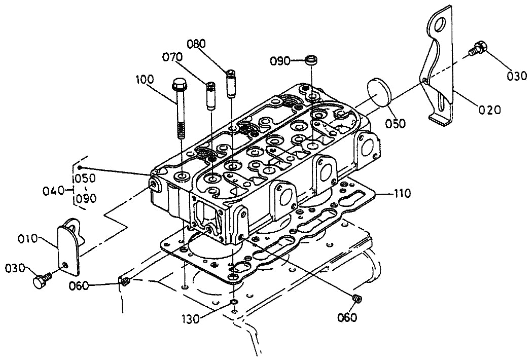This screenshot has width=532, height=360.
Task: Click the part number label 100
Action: [145, 80]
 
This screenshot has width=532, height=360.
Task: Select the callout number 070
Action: [172, 57]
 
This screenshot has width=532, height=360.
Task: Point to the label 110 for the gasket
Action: [402, 193]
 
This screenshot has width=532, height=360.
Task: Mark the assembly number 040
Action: [53, 191]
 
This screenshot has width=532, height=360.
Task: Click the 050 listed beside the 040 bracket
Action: [86, 178]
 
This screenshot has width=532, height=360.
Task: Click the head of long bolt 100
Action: [179, 83]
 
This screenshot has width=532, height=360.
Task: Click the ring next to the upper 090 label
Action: [312, 61]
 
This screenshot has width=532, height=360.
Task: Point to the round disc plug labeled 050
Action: [378, 93]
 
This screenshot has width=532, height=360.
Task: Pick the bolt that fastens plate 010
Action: [41, 280]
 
